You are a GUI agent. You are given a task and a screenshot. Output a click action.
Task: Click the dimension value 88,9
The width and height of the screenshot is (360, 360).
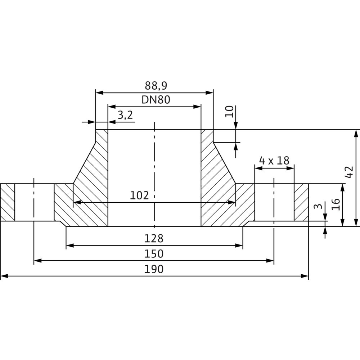click(x=156, y=86)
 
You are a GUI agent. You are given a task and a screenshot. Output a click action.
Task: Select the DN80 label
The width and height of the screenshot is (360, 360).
click(x=156, y=100)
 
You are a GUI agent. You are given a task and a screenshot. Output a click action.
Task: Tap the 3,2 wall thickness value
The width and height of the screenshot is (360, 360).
click(x=125, y=115)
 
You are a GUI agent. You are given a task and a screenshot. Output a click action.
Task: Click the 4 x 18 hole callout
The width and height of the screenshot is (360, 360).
click(x=274, y=161)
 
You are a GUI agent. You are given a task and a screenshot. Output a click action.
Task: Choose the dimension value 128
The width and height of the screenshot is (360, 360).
click(x=154, y=238)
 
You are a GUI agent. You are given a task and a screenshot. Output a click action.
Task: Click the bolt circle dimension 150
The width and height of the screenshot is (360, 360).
click(x=154, y=254)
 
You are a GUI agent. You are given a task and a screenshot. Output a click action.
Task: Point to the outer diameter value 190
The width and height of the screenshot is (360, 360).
click(x=154, y=269)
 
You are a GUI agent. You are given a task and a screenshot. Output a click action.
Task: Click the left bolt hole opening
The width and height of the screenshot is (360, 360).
click(x=34, y=202)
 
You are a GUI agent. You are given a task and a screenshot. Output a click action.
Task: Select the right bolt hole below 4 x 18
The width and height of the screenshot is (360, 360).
click(x=274, y=202)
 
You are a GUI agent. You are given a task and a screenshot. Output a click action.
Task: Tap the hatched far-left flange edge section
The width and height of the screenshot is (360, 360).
click(x=8, y=202)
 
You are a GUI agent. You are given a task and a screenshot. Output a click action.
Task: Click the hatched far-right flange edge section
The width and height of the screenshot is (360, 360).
click(x=301, y=202)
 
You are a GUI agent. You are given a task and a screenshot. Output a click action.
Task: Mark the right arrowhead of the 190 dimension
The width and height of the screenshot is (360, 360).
click(x=306, y=276)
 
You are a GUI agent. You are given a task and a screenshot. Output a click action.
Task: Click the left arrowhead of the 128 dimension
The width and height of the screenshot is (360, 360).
click(x=69, y=246)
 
